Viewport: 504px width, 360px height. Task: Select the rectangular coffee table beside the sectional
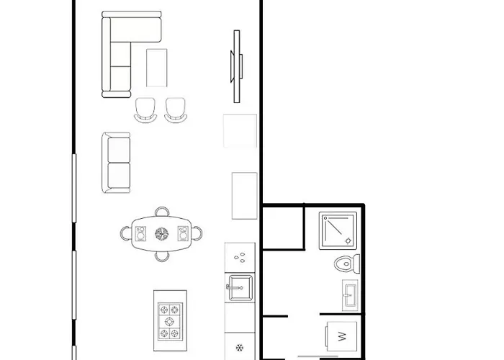click(157, 67)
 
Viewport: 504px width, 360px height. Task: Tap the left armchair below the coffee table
click(145, 109)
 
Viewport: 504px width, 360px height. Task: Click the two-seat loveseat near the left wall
click(117, 163)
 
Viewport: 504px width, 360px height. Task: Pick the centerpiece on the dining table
click(161, 233)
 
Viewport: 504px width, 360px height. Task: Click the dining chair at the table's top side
click(163, 212)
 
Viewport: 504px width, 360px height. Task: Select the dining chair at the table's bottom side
click(163, 254)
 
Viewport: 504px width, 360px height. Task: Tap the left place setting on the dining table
click(140, 233)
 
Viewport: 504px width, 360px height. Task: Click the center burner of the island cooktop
click(170, 321)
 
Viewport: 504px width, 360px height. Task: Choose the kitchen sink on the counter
click(239, 288)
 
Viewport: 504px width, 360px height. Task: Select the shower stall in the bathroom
click(339, 231)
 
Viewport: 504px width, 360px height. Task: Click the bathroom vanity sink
click(349, 295)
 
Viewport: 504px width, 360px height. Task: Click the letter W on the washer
click(341, 336)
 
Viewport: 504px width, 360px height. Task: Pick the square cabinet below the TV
click(240, 131)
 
